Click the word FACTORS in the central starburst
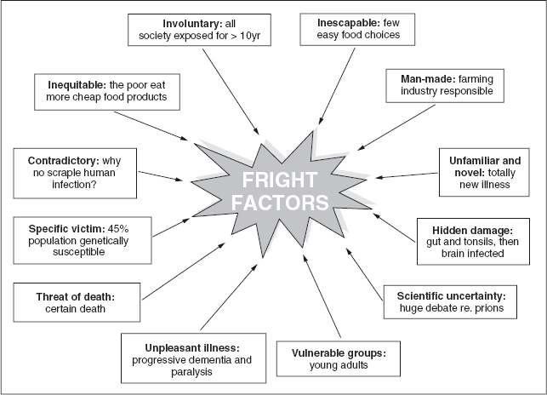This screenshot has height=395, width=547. [274, 203]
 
